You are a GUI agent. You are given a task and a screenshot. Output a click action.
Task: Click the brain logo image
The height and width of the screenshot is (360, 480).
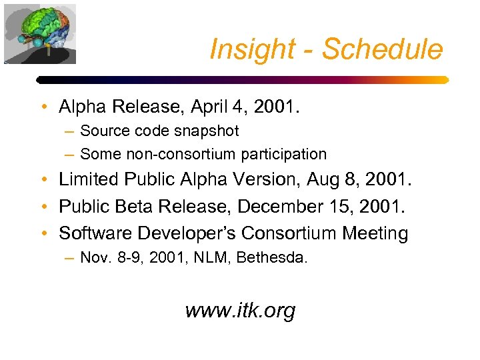(40, 33)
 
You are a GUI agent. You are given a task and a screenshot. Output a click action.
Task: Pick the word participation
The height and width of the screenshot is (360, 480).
(284, 154)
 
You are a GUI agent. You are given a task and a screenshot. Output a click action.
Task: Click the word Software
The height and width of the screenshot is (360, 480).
(91, 233)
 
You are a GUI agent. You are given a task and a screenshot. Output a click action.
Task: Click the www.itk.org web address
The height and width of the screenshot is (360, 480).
(240, 310)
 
